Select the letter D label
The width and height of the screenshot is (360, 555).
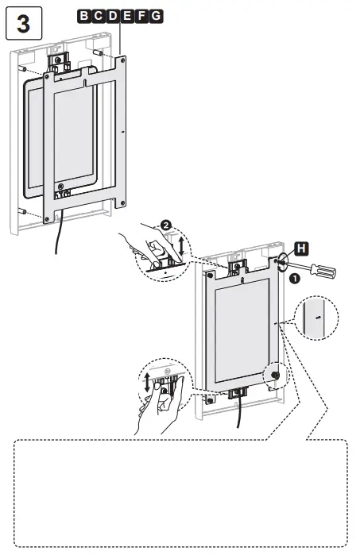coord(106,15)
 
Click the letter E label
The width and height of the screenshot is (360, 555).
coord(118,15)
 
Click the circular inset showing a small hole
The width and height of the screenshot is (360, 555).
coord(315,318)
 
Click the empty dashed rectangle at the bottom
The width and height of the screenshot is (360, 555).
coord(180,492)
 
